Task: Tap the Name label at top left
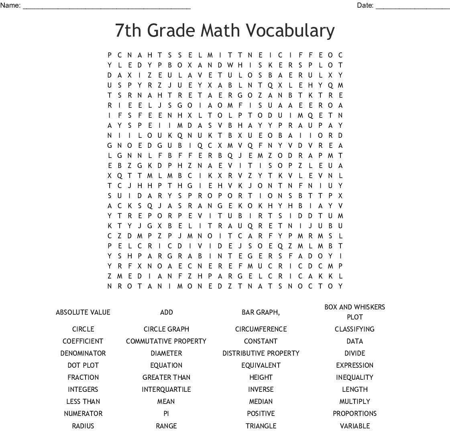(x=10, y=5)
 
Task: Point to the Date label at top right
(x=365, y=5)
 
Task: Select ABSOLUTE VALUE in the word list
(x=83, y=312)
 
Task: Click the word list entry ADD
(x=166, y=312)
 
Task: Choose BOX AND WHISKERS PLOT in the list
(x=354, y=312)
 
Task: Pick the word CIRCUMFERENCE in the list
(x=261, y=329)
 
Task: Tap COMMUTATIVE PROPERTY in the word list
(x=166, y=341)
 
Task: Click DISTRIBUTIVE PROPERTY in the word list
(x=261, y=353)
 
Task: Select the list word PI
(x=166, y=414)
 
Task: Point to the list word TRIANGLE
(x=261, y=426)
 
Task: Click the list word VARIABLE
(x=354, y=426)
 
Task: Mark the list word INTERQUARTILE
(x=166, y=389)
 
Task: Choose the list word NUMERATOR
(x=83, y=414)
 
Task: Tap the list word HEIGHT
(x=261, y=377)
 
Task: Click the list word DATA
(x=354, y=341)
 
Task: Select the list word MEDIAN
(x=261, y=401)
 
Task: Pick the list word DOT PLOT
(x=83, y=365)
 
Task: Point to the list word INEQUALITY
(x=354, y=377)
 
